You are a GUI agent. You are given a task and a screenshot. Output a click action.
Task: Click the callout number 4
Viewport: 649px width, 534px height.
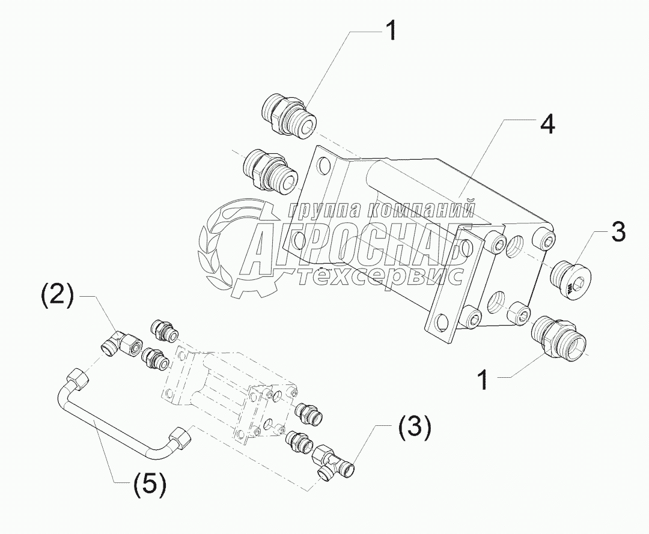point(546,125)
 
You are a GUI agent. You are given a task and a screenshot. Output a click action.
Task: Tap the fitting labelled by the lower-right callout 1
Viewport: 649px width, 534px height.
point(559,336)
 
